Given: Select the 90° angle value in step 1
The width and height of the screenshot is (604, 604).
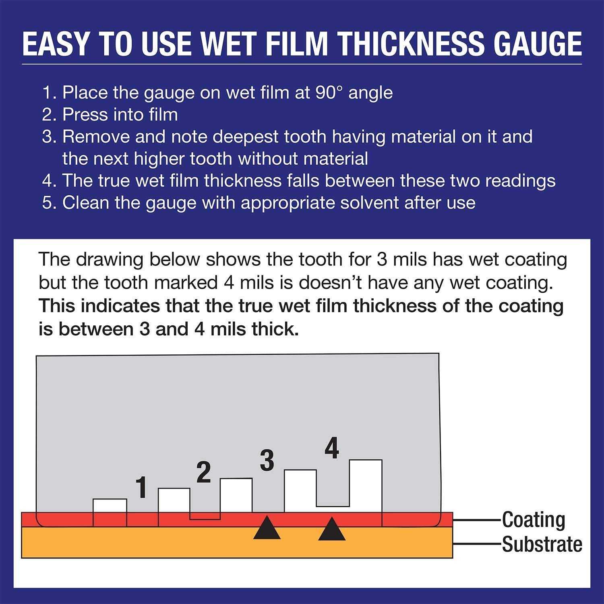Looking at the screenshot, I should pos(322,93).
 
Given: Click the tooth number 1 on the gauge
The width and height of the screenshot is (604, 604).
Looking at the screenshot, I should pos(141,487).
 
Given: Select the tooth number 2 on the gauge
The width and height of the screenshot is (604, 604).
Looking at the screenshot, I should pos(204,473).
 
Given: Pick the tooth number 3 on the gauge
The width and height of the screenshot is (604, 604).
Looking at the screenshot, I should pos(267,461).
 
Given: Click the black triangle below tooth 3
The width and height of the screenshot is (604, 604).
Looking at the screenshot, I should pos(267,528).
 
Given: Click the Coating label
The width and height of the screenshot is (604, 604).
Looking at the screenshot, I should pos(534,520).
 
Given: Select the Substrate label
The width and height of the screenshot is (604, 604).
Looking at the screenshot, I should pos(542,544).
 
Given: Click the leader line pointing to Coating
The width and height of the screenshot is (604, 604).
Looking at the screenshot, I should pos(477,520).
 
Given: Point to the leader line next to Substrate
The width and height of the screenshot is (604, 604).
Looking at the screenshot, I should pos(477,544).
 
